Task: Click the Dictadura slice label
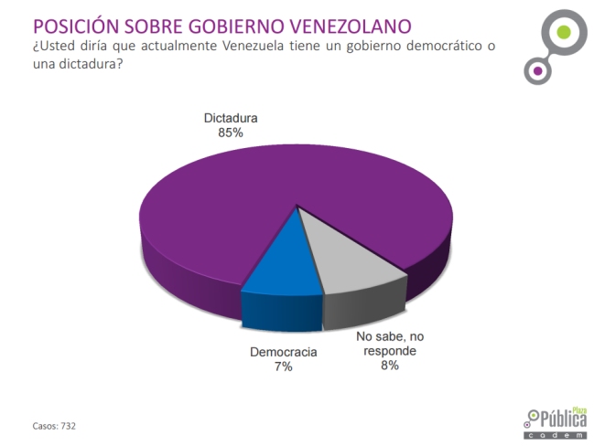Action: coord(230,119)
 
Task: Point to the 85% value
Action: coord(230,133)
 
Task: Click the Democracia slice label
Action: coord(283,352)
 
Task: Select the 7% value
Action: coord(283,366)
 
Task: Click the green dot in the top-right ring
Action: coord(564,34)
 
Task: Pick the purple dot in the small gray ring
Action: coord(537,69)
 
